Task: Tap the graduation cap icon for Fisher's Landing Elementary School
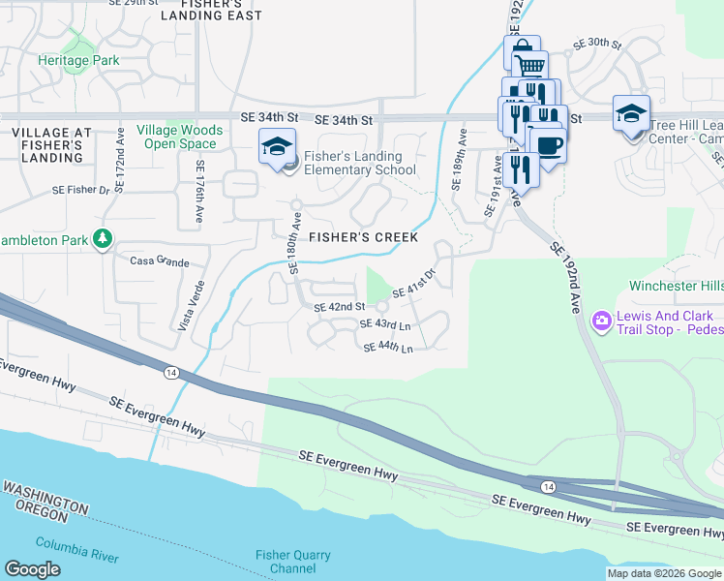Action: tap(276, 147)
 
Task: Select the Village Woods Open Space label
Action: tap(179, 137)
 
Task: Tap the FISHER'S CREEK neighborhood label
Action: tap(363, 237)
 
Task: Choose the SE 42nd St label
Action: tap(338, 307)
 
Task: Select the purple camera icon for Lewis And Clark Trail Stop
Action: tap(602, 319)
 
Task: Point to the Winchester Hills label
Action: tap(676, 286)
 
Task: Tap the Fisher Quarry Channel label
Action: tap(292, 562)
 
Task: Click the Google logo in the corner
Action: tap(33, 569)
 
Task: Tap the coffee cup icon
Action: tap(548, 146)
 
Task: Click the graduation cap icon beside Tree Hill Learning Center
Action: tap(631, 113)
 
